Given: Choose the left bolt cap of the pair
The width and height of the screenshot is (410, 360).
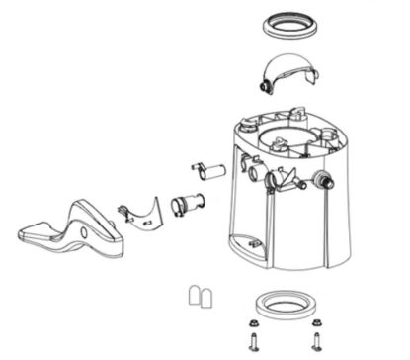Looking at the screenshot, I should (x=195, y=296).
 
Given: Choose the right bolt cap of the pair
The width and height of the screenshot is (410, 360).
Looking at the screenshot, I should (x=208, y=296).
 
